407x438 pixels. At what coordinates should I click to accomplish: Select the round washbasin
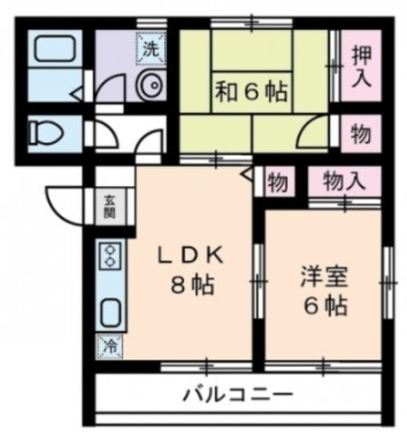[x=150, y=86]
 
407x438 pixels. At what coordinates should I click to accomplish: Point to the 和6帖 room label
[x=252, y=91]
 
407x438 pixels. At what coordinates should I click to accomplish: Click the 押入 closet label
[x=361, y=66]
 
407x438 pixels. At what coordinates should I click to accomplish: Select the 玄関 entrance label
[x=109, y=205]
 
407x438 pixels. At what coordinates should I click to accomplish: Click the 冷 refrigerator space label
[x=109, y=346]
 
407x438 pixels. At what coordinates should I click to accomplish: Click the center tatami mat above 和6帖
[x=252, y=51]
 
